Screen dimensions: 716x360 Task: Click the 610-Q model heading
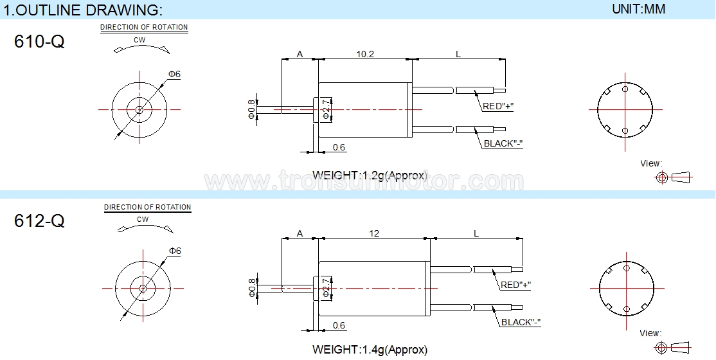[x=39, y=42]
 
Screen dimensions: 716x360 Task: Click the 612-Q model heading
[x=39, y=221]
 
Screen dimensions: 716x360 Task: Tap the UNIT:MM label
[x=638, y=9]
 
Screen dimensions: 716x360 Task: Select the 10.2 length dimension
[x=365, y=54]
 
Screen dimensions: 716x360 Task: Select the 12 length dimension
[x=374, y=233]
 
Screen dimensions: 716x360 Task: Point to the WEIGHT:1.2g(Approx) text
[x=370, y=175]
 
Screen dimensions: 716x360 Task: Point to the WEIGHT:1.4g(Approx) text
[x=370, y=350]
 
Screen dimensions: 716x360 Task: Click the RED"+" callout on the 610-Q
[x=498, y=107]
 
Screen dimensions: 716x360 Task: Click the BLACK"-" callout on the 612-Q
[x=521, y=322]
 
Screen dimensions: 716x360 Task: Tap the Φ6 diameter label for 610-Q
[x=174, y=74]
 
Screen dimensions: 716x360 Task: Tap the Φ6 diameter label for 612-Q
[x=175, y=251]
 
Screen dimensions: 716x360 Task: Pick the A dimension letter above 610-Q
[x=300, y=55]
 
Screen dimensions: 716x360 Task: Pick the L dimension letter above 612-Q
[x=476, y=233]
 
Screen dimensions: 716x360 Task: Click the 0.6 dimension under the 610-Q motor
[x=339, y=147]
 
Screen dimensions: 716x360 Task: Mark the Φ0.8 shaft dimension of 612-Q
[x=251, y=288]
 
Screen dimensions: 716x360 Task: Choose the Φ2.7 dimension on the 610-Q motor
[x=326, y=109]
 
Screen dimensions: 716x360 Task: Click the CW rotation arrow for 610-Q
[x=141, y=49]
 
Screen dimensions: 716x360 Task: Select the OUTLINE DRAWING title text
[x=83, y=10]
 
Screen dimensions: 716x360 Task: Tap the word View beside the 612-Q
[x=650, y=333]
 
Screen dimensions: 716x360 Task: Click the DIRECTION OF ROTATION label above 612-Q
[x=147, y=207]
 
